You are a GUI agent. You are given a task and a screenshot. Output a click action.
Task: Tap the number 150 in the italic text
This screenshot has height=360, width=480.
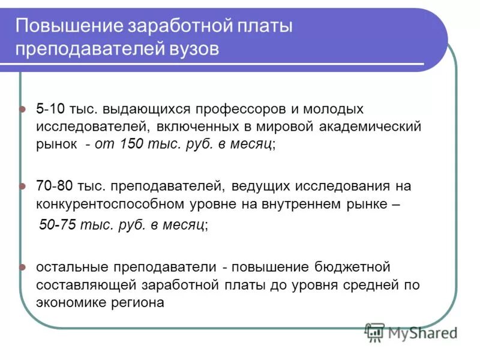(132, 144)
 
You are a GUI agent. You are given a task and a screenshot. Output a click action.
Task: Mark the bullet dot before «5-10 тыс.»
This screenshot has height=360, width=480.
(23, 110)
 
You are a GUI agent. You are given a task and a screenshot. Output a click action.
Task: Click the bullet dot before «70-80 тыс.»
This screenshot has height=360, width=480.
(23, 187)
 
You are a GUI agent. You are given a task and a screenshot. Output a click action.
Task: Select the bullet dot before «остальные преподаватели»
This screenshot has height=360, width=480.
(23, 267)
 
